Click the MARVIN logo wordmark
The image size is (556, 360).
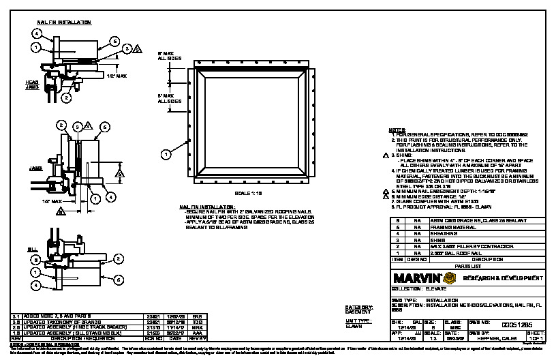[414, 278]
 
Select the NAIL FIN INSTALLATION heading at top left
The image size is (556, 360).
[63, 22]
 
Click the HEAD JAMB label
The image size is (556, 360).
[42, 83]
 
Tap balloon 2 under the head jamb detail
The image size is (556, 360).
[66, 97]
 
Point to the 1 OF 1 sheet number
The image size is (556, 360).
[536, 338]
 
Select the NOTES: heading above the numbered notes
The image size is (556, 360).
[397, 130]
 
